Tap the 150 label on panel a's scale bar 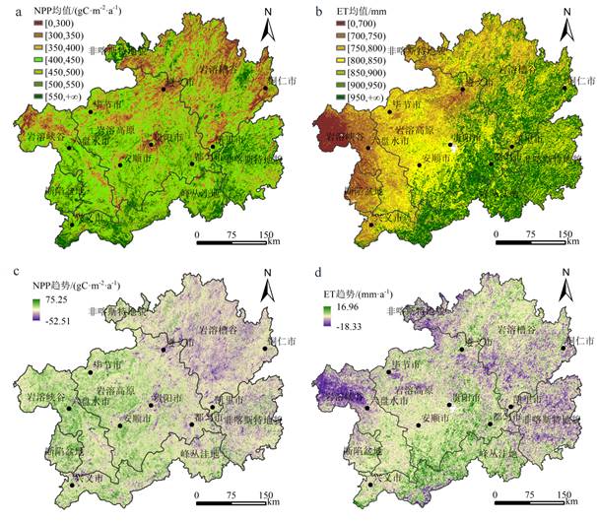point(264,234)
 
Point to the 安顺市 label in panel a point(139,158)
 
